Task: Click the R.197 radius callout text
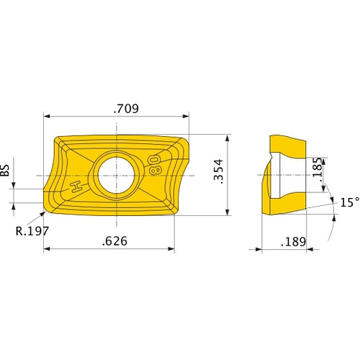click(x=32, y=231)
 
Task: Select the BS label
click(x=5, y=169)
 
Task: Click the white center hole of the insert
click(x=114, y=174)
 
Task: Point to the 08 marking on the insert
click(x=153, y=163)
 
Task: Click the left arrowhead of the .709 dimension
click(x=47, y=115)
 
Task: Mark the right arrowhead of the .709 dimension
click(x=186, y=115)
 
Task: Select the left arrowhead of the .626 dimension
click(x=47, y=249)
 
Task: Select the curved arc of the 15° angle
click(x=333, y=216)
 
